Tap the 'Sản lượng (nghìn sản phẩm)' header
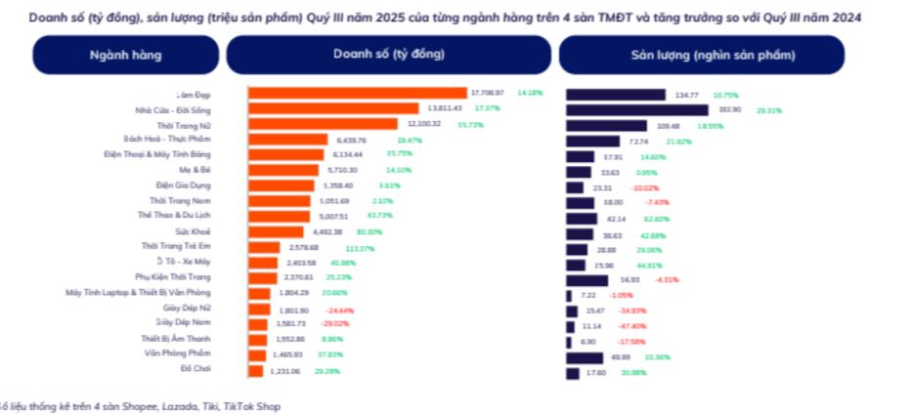click(700, 55)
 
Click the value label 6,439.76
click(352, 141)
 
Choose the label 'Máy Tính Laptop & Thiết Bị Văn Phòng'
click(138, 292)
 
